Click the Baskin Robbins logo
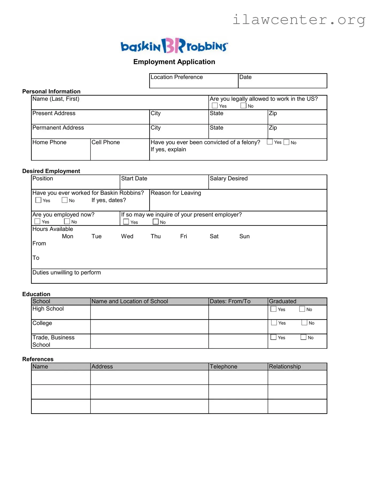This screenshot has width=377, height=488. pos(174,46)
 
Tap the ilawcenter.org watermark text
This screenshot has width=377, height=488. pos(299,20)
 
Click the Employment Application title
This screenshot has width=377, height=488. pos(174,62)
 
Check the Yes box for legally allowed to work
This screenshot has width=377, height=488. pos(215,106)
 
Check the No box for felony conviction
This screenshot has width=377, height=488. pos(286,142)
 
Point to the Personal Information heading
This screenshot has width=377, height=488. pos(51,91)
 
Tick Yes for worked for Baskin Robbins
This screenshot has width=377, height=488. pos(38,200)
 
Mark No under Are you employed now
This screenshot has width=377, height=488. pos(67,222)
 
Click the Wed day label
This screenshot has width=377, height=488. pos(127,236)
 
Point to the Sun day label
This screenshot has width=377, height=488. pos(244,236)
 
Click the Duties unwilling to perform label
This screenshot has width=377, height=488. pos(67,273)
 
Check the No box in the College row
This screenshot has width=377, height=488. pos(304,323)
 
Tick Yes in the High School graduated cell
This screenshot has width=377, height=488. pos(273,309)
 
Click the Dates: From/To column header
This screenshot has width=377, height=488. pos(230,301)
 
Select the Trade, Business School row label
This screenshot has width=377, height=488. pos(53,341)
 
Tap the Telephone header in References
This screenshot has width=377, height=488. pos(223,367)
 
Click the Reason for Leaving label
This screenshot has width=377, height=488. pos(176,193)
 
